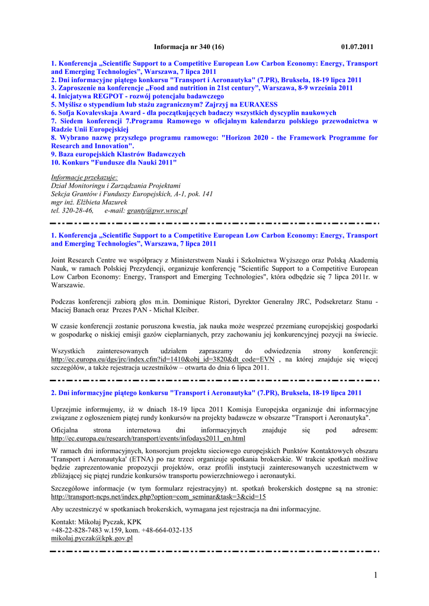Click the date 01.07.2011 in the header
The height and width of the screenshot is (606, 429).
pos(357,46)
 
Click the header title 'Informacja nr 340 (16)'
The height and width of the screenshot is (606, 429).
pos(188,46)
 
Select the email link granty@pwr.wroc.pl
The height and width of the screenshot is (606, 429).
pos(157,210)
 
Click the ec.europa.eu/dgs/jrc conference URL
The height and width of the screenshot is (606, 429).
pos(163,359)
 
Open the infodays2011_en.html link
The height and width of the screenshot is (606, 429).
pos(148,439)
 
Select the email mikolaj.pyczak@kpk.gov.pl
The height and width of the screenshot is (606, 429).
pos(92,539)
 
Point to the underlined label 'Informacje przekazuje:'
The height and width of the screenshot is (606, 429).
pos(84,177)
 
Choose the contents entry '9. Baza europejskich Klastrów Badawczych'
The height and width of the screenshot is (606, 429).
pos(118,154)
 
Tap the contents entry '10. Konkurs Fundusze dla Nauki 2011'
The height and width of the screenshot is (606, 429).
pos(114,162)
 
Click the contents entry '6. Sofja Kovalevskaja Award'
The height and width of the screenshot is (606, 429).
pos(193,112)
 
